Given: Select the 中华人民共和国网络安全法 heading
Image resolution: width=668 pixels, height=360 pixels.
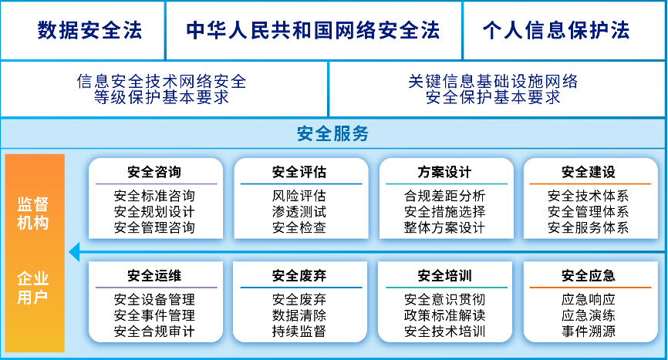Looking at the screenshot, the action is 313,30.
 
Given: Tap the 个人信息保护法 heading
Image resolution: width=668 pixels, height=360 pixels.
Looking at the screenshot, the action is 556,30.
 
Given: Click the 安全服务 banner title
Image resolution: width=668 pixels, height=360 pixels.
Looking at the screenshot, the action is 332,133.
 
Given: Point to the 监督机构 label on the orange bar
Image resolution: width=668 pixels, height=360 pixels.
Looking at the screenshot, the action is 33,214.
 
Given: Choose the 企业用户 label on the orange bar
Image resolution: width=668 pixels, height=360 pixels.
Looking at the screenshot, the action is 33,288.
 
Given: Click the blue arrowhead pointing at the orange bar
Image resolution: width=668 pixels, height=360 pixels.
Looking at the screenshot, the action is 75,252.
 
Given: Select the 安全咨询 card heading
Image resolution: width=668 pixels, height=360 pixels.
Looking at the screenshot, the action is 154,172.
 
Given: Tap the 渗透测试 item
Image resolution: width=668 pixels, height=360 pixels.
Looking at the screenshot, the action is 299,211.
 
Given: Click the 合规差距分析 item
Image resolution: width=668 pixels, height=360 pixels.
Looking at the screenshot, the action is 445,196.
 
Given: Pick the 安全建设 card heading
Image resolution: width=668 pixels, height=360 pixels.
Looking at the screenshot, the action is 589,172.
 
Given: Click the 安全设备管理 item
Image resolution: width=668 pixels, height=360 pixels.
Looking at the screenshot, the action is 154,300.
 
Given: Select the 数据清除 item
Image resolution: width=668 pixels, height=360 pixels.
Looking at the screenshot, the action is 299,315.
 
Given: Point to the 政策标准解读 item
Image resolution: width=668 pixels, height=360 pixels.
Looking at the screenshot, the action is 445,315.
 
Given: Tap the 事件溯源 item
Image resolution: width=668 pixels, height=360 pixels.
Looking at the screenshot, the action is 589,331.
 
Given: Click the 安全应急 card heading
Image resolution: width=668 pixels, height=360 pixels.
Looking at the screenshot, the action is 589,276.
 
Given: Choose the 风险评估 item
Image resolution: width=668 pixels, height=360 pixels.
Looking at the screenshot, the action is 299,196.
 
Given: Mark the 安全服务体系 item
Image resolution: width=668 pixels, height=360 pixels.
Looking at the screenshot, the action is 589,227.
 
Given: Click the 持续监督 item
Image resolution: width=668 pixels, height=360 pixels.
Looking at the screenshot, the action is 299,331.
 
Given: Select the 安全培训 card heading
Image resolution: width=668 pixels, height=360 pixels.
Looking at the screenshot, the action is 445,276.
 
